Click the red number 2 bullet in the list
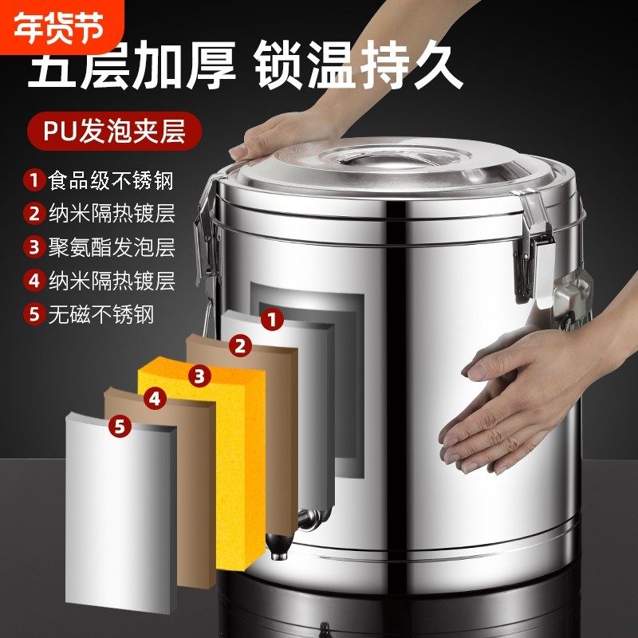pyautogui.click(x=33, y=213)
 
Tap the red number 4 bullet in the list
pyautogui.click(x=33, y=280)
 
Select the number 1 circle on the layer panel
pyautogui.click(x=273, y=321)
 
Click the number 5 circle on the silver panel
pyautogui.click(x=120, y=427)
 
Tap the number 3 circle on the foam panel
pyautogui.click(x=199, y=373)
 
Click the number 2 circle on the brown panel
pyautogui.click(x=238, y=345)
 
